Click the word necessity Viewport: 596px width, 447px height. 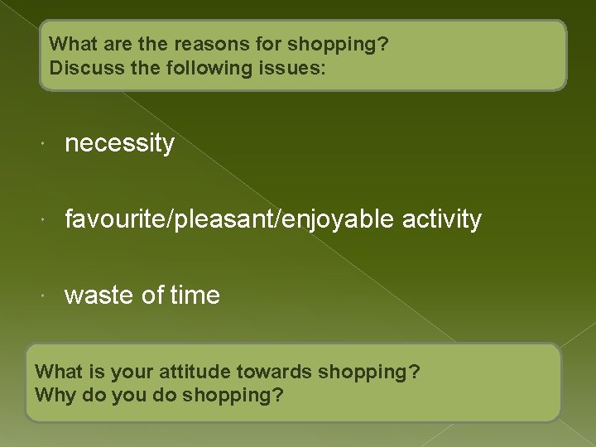pos(119,144)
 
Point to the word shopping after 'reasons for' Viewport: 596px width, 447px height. pos(343,45)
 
